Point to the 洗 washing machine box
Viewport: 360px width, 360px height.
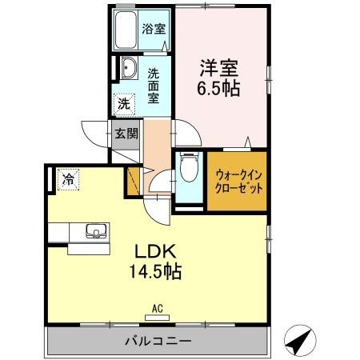[x=123, y=103]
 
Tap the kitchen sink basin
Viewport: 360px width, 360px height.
[x=96, y=233]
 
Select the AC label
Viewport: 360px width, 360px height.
[x=158, y=307]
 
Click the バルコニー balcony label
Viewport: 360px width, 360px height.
[x=158, y=342]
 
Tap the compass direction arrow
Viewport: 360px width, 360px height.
[x=298, y=342]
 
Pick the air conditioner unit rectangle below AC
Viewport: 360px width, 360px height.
[x=158, y=317]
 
